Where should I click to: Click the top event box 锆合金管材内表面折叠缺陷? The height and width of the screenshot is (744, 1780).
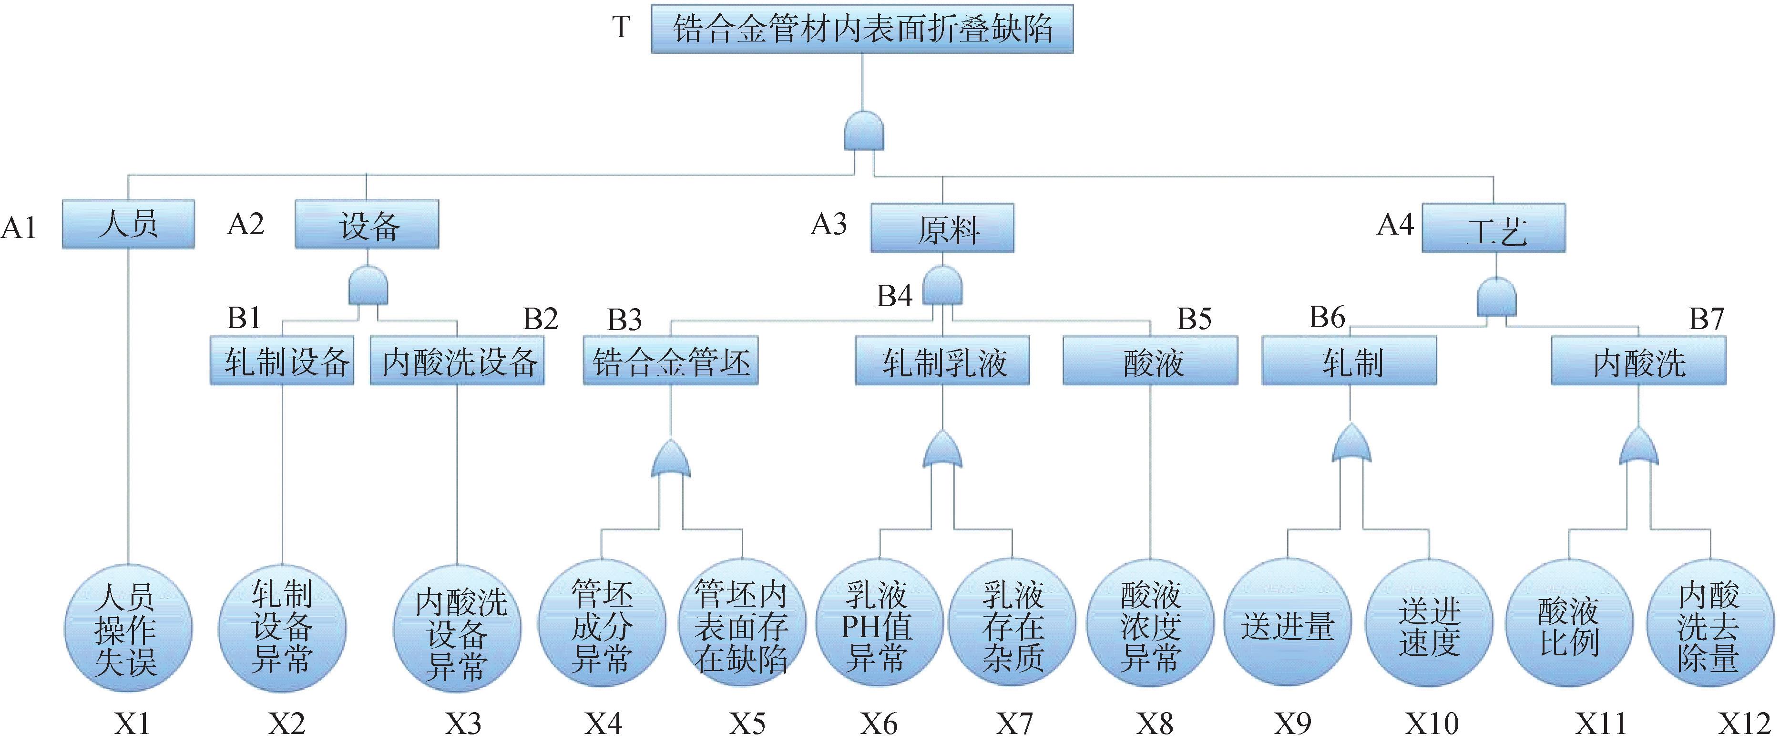click(x=862, y=29)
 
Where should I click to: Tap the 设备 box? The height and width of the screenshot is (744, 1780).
click(x=367, y=224)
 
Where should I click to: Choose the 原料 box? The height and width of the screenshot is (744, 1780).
click(x=942, y=228)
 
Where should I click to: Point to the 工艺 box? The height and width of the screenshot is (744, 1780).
click(x=1493, y=228)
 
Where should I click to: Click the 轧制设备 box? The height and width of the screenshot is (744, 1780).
click(x=282, y=360)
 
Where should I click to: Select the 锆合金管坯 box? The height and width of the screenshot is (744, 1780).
click(x=670, y=360)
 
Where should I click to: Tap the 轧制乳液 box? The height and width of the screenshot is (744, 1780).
click(x=942, y=360)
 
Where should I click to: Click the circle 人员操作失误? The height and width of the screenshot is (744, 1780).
click(x=128, y=628)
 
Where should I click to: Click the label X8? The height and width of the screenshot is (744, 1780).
click(x=1155, y=724)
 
